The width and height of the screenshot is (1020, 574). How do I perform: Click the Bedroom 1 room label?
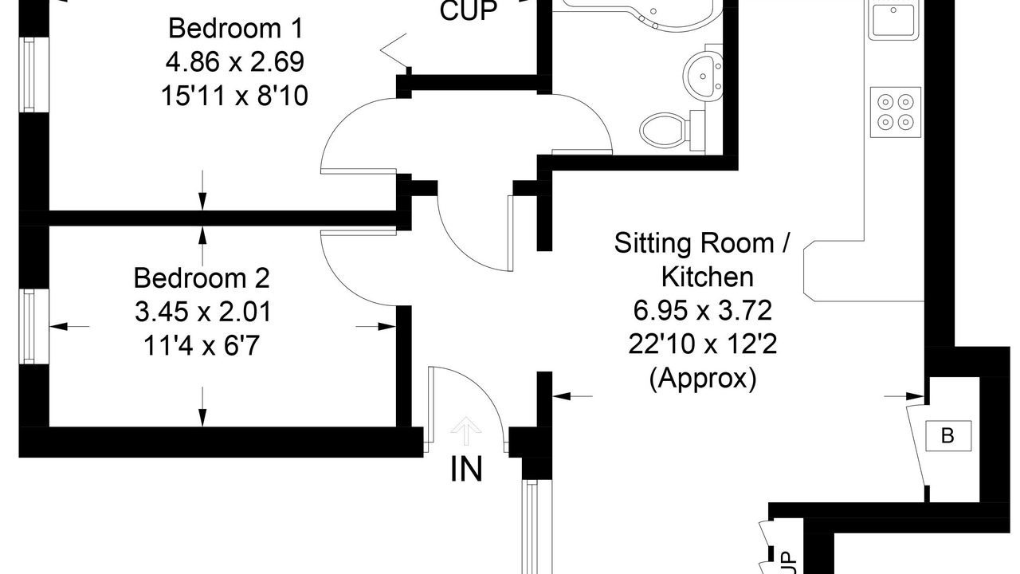[235, 28]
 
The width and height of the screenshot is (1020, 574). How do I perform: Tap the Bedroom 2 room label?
[202, 278]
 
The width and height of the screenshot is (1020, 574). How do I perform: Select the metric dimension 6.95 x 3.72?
[703, 311]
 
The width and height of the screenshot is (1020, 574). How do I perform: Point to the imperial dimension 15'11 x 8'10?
[234, 96]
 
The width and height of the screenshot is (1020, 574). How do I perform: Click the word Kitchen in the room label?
[707, 277]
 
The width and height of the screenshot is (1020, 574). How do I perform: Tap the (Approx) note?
[703, 378]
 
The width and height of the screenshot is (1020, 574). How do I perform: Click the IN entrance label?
[466, 470]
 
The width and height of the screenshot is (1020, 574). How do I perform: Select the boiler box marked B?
[948, 436]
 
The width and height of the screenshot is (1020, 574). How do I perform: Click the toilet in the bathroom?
[672, 130]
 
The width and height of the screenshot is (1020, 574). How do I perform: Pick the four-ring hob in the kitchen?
[896, 112]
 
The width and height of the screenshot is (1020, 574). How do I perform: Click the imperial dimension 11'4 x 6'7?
[202, 346]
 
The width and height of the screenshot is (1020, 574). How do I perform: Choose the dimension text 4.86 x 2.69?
[234, 62]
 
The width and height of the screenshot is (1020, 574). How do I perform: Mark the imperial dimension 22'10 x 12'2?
[703, 344]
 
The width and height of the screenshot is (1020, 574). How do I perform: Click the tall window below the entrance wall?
[537, 527]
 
